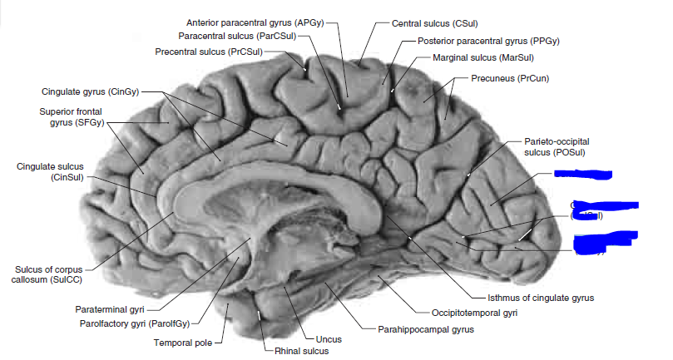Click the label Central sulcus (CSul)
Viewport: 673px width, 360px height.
[434, 22]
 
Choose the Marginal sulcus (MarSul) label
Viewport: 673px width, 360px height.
[478, 59]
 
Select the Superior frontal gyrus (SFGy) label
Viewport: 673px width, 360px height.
[69, 117]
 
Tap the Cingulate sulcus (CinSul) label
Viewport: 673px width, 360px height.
[49, 171]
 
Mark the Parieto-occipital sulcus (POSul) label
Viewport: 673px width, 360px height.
[555, 147]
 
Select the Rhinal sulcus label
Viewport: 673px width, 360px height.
[301, 351]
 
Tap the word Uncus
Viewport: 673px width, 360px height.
[329, 339]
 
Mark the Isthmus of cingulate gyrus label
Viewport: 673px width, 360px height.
[541, 297]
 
